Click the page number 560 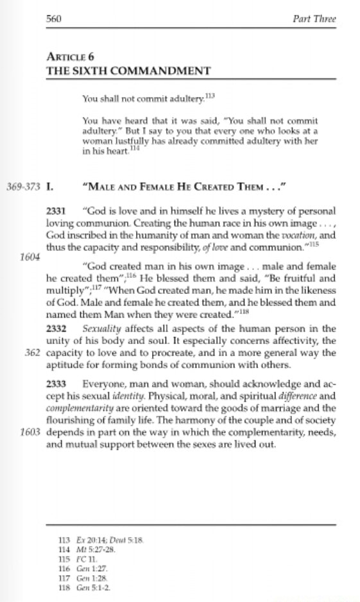54,19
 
